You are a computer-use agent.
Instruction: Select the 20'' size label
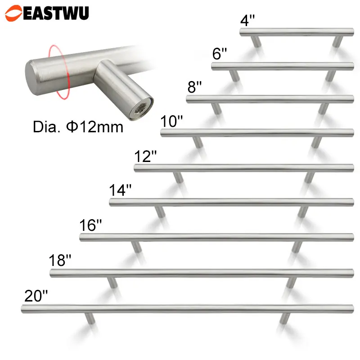[x=36, y=296]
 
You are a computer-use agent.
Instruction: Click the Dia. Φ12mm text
[x=78, y=127]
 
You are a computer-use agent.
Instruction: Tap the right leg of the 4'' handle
[x=337, y=42]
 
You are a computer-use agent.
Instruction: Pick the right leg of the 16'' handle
[x=297, y=247]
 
